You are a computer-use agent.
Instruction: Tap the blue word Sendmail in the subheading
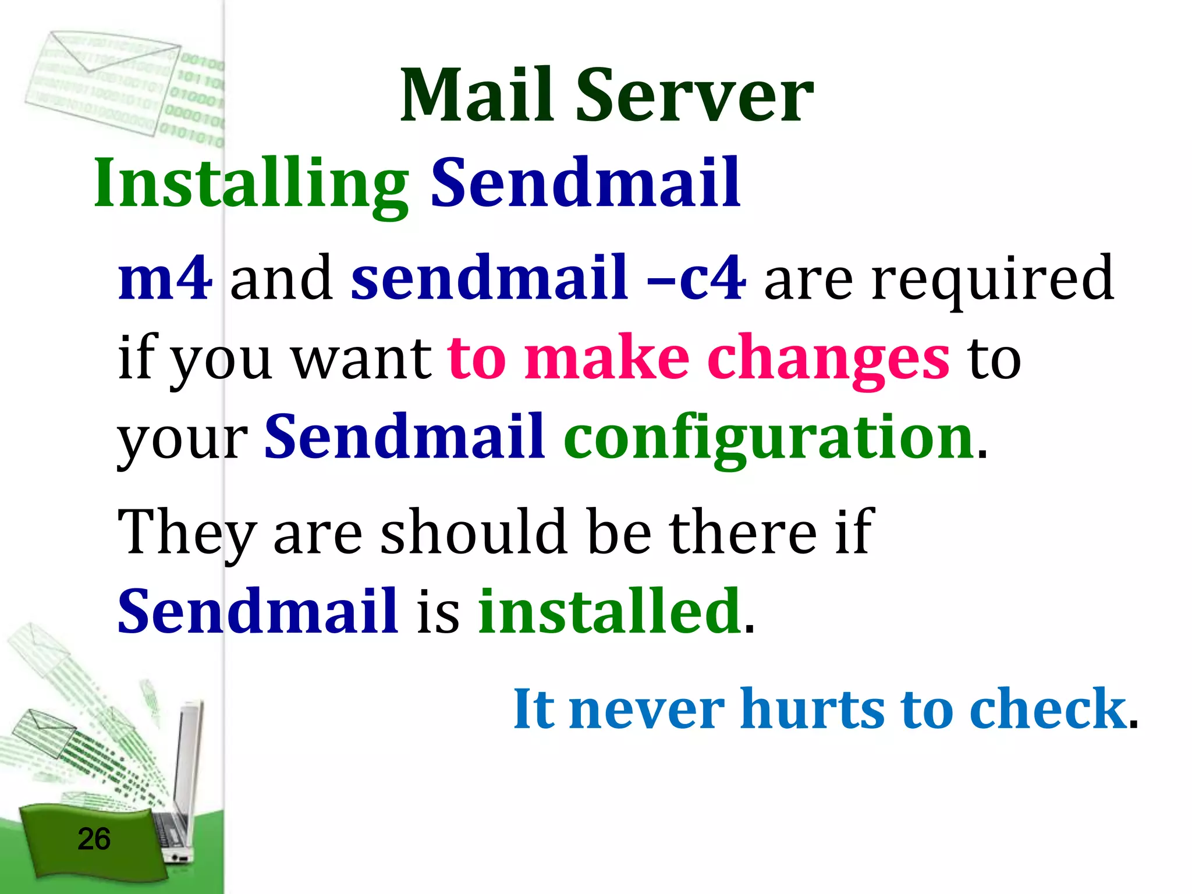585,183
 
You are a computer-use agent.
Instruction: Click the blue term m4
165,279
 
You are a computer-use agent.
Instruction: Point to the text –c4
696,279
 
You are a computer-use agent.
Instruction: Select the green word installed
609,611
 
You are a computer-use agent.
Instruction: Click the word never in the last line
646,709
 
